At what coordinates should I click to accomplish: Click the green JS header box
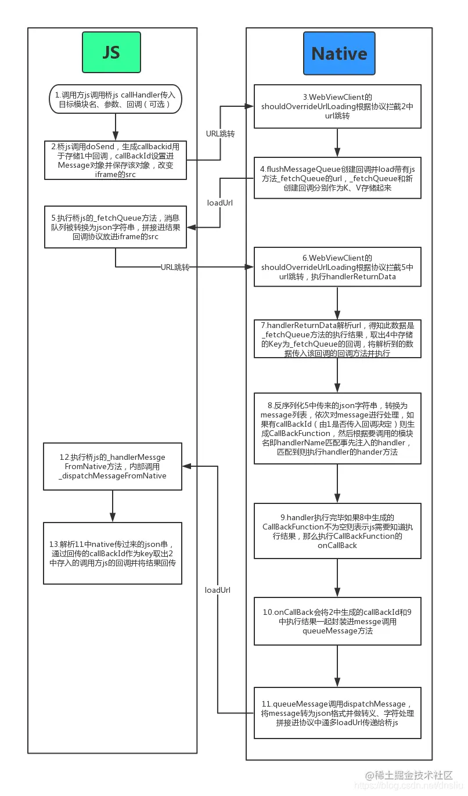(x=111, y=52)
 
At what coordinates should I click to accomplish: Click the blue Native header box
(x=339, y=53)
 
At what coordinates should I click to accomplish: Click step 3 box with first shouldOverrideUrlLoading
(x=337, y=106)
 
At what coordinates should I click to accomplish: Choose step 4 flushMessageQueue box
(x=337, y=178)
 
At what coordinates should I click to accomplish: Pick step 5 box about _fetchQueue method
(x=116, y=226)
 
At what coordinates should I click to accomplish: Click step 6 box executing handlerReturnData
(x=337, y=267)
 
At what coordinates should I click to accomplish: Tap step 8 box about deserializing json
(x=337, y=428)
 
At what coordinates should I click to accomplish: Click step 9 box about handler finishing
(x=337, y=531)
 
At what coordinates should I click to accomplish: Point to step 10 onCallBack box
(x=337, y=621)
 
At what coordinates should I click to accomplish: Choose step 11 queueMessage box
(x=337, y=713)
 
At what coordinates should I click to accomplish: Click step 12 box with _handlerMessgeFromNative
(x=113, y=466)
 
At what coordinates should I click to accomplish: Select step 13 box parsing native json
(x=113, y=553)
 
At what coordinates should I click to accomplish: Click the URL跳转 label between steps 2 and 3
(x=221, y=134)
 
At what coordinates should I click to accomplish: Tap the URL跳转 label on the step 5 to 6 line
(x=175, y=267)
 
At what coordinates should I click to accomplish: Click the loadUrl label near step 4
(x=220, y=203)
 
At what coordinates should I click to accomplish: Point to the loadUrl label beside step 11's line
(x=218, y=590)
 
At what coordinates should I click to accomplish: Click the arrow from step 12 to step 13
(x=113, y=506)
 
